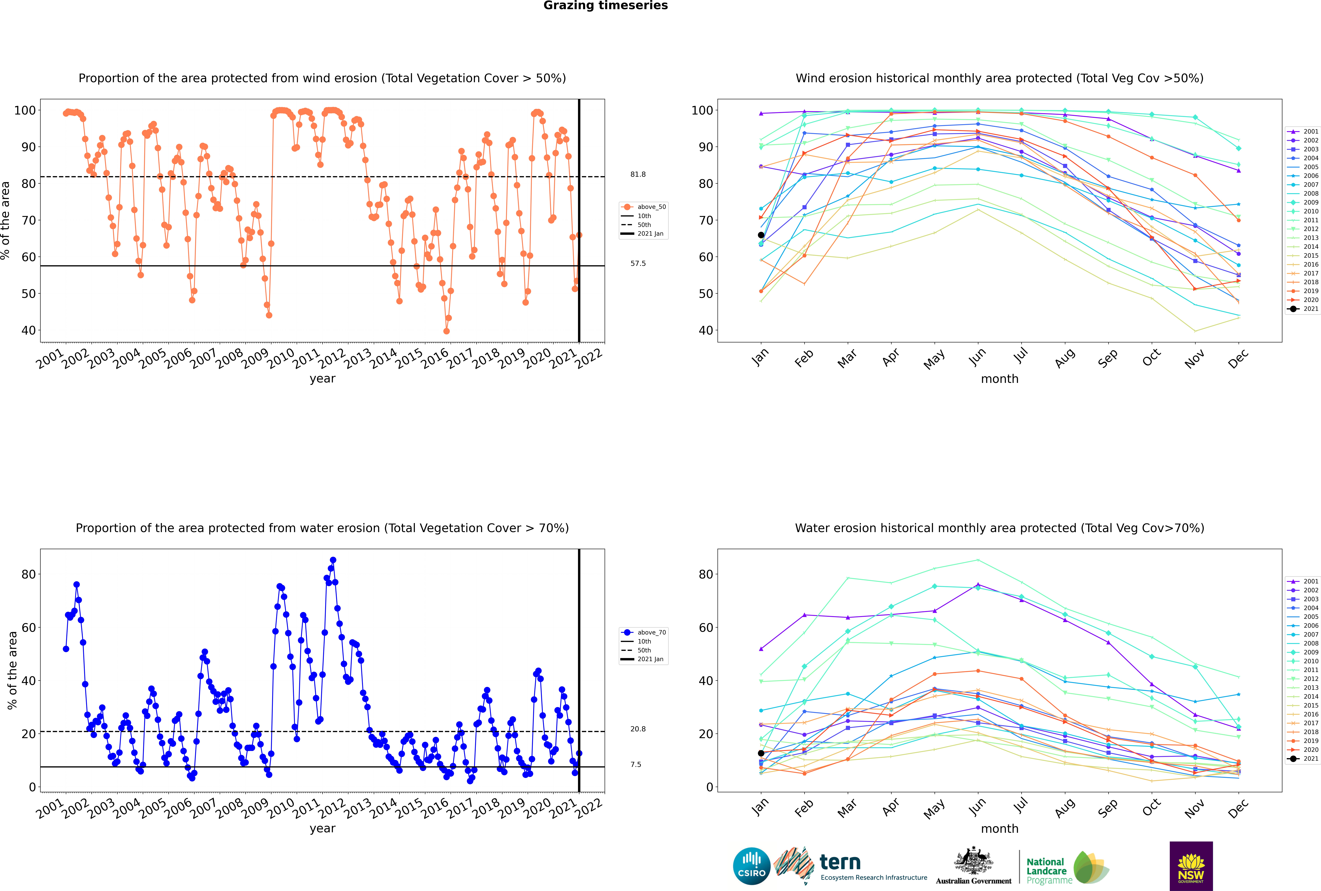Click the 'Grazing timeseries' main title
(x=605, y=6)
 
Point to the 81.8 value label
(x=638, y=174)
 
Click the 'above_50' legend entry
(x=644, y=207)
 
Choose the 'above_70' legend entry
(x=644, y=632)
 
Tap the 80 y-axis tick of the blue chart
(x=28, y=575)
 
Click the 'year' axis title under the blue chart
(x=323, y=829)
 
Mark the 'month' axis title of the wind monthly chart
(x=1000, y=379)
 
